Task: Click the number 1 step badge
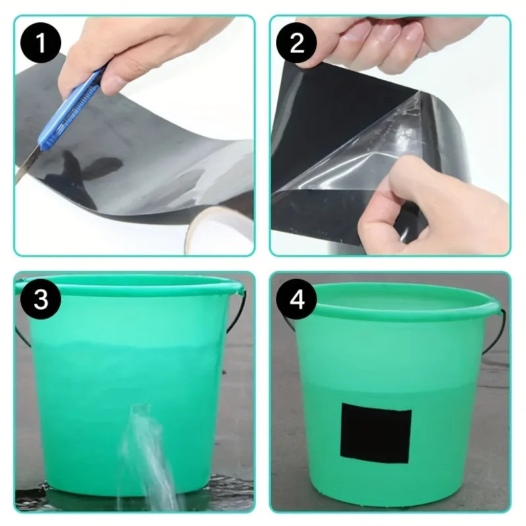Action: [x=41, y=44]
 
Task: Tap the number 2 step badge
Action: [x=297, y=44]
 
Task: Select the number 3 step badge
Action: [x=41, y=299]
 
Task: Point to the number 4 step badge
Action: [x=297, y=300]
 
